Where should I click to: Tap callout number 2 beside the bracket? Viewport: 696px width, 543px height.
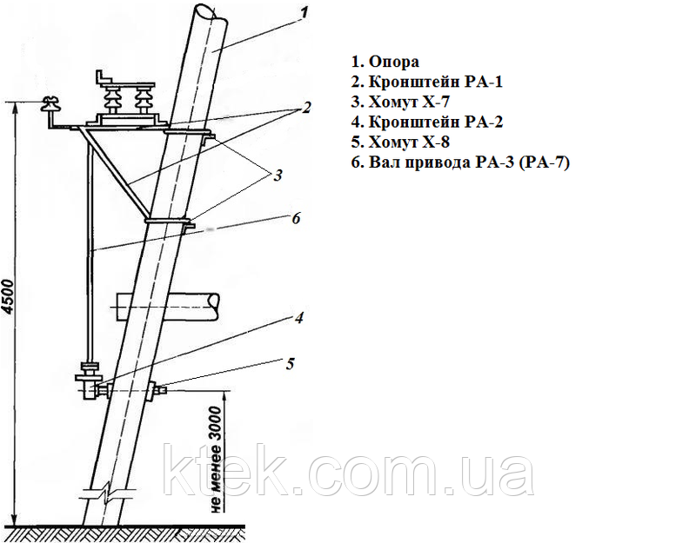point(306,107)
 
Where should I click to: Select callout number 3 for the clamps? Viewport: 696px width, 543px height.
point(278,175)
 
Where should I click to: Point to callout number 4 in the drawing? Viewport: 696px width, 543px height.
point(298,317)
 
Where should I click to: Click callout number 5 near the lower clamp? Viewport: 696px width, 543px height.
point(290,364)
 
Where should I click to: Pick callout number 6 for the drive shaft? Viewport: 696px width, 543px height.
point(296,218)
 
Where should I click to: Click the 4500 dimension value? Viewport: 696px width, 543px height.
point(10,297)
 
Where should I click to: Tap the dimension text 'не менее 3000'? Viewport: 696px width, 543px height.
point(215,460)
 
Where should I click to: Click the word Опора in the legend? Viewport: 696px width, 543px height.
point(394,62)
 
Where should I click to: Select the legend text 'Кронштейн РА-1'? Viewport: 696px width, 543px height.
point(436,82)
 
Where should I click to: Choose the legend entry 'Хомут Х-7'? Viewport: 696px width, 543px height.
point(409,102)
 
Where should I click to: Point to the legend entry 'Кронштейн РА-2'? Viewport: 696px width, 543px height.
point(436,122)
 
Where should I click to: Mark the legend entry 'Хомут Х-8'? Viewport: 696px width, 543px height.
point(409,142)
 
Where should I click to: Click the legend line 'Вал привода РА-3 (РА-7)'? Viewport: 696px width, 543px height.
point(469,162)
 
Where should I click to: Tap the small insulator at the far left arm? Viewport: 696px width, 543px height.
point(48,103)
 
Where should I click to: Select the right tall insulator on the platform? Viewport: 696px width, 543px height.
point(144,100)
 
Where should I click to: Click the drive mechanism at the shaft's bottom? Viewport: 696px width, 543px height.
point(89,381)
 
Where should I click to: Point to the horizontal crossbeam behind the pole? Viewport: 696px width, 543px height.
point(168,307)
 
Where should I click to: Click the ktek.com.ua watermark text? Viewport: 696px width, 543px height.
point(349,470)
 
